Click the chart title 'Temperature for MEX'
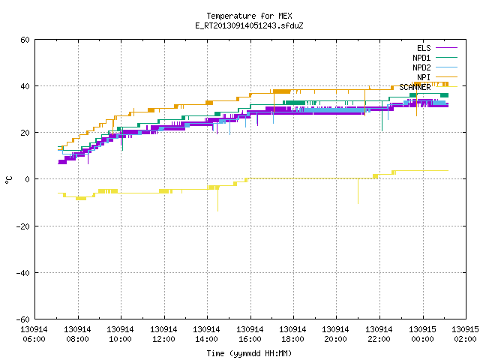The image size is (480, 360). click(249, 16)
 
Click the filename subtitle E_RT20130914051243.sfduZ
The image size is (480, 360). click(249, 25)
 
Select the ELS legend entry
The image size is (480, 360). click(424, 48)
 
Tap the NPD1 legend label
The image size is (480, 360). click(421, 58)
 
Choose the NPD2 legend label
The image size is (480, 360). click(421, 67)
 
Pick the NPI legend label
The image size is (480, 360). click(424, 77)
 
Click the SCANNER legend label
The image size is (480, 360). click(415, 87)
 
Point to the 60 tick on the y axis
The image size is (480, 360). click(25, 40)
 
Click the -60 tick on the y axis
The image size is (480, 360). click(23, 319)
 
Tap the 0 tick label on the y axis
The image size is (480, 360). click(28, 179)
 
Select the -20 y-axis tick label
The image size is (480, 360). click(23, 226)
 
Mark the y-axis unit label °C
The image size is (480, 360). click(8, 180)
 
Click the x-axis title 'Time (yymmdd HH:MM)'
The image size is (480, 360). click(249, 353)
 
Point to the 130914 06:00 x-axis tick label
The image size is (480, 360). click(34, 334)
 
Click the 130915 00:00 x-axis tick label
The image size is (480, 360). click(422, 334)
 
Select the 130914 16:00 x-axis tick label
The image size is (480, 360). click(250, 334)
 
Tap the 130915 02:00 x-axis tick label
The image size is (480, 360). click(465, 334)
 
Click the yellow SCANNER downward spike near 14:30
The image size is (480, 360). click(218, 199)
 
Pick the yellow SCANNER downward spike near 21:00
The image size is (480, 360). click(358, 191)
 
